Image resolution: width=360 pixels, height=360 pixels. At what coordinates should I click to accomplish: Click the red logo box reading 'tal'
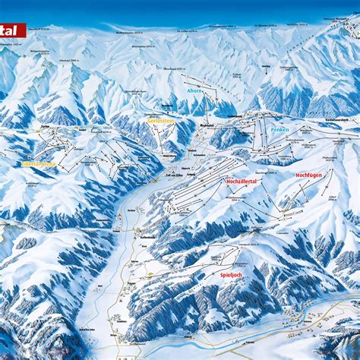[x=12, y=30]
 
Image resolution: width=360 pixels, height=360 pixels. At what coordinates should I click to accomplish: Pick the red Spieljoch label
[x=231, y=275]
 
